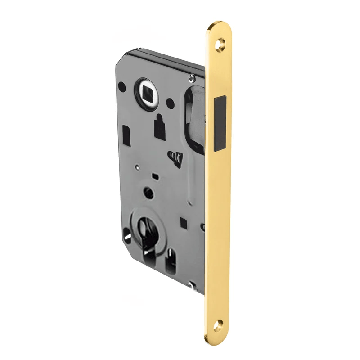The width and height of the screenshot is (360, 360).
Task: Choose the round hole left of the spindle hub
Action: pos(122,85)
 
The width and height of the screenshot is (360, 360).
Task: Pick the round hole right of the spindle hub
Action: pos(170,103)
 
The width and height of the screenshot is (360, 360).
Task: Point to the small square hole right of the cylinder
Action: pos(184,221)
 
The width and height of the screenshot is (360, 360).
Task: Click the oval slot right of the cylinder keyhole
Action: pos(171,263)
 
